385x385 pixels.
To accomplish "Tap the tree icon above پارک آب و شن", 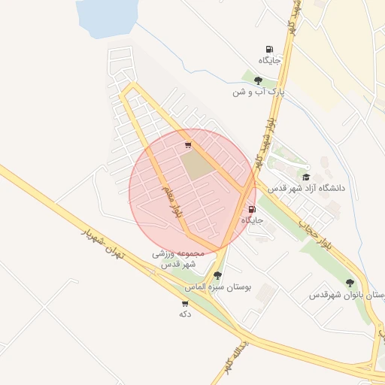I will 258,80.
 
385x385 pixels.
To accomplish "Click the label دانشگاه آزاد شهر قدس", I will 310,187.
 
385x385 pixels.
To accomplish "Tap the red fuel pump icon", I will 250,209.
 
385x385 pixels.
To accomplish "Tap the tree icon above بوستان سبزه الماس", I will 217,276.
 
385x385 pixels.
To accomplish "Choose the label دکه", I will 185,314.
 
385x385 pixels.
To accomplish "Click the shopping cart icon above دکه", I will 185,303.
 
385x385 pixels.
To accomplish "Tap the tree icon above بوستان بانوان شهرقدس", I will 350,283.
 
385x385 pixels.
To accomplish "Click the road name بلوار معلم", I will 170,199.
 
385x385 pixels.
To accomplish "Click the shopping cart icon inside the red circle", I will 187,145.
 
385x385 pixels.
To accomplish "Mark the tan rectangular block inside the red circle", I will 198,165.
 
